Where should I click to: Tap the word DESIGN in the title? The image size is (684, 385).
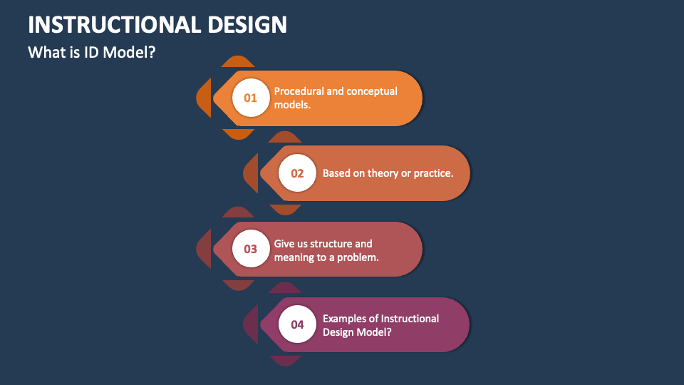click(x=247, y=24)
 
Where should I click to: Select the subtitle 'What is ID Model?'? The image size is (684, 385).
click(x=91, y=52)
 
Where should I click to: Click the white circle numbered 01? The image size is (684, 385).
click(x=250, y=98)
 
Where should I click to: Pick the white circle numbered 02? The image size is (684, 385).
click(x=297, y=173)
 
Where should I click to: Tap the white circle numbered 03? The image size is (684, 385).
click(x=250, y=249)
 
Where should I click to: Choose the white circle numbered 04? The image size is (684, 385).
click(x=297, y=324)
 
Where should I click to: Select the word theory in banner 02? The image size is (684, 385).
click(x=384, y=173)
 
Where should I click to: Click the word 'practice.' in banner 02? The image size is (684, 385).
click(x=432, y=173)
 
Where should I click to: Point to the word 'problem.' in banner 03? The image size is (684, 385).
click(x=359, y=257)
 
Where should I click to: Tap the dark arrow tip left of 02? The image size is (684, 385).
click(x=250, y=173)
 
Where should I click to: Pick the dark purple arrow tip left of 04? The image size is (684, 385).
click(x=250, y=324)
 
